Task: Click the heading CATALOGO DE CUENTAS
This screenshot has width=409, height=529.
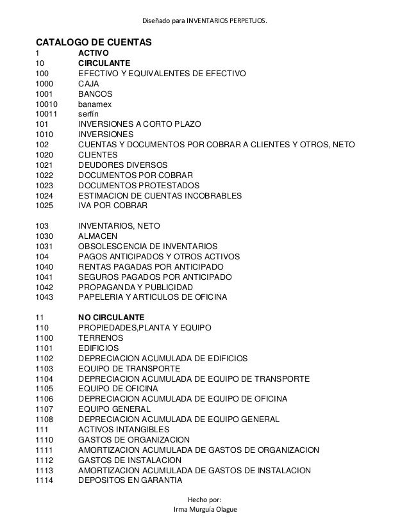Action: coord(93,42)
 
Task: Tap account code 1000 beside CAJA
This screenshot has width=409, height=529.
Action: coord(45,83)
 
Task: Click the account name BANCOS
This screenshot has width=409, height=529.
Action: coord(95,94)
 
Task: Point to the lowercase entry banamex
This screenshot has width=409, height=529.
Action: coord(96,104)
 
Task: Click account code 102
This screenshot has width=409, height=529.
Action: coord(42,145)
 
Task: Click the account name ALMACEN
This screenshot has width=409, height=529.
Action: coord(98,236)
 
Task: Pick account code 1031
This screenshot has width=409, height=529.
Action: coord(45,247)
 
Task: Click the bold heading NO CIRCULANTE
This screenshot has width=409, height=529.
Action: coord(111,318)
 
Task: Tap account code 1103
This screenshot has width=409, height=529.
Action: coord(45,369)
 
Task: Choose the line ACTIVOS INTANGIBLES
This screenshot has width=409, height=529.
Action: coord(124,429)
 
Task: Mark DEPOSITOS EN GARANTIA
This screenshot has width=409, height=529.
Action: coord(130,480)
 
